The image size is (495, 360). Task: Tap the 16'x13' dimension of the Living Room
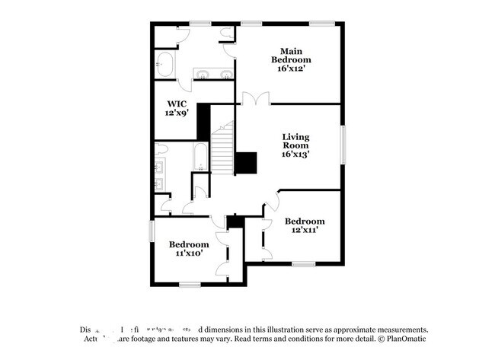coord(295,153)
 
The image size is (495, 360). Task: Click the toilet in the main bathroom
coord(228,33)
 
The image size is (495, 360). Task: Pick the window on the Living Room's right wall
coord(343,145)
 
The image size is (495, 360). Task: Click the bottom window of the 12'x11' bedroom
coord(303,265)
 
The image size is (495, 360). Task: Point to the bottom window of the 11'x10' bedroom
coord(190,285)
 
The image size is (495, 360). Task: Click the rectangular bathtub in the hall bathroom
coord(200,157)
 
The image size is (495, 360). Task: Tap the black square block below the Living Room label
coord(245,163)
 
